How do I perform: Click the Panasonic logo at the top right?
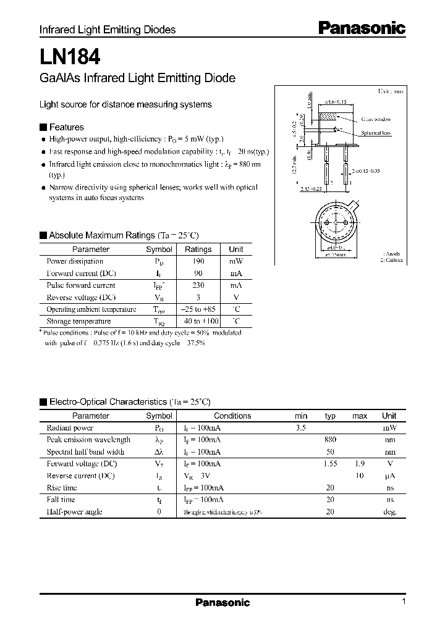coord(362,28)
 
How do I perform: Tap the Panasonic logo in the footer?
coord(222,603)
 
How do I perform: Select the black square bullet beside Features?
coord(43,127)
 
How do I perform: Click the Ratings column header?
coord(198,250)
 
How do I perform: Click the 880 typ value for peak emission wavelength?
coord(330,440)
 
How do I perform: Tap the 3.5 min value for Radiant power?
coord(301,427)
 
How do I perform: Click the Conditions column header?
coord(232,416)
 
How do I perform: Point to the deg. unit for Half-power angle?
coord(389,512)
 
